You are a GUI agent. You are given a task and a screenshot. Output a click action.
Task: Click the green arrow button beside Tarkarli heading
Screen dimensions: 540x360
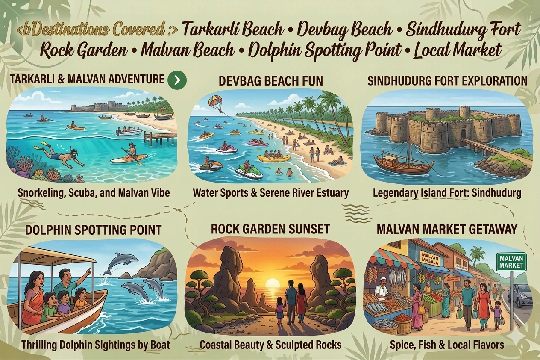coord(177,80)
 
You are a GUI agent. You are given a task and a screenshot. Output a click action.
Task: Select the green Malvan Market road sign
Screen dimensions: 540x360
coord(511,261)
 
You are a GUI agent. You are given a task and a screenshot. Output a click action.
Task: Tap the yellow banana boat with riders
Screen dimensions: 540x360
coord(274,158)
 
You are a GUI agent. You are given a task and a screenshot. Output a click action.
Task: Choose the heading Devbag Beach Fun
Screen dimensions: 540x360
coord(270,80)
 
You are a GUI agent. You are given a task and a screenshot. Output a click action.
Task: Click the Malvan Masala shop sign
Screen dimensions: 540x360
coord(430,258)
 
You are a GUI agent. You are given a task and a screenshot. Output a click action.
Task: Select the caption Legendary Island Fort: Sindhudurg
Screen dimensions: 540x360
coord(447,193)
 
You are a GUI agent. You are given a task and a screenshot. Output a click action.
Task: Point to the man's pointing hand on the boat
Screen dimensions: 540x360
coord(88,271)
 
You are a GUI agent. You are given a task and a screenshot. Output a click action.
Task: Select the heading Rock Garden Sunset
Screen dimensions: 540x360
coord(270,229)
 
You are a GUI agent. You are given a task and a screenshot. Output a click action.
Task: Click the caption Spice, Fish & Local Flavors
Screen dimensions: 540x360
coord(447,345)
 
